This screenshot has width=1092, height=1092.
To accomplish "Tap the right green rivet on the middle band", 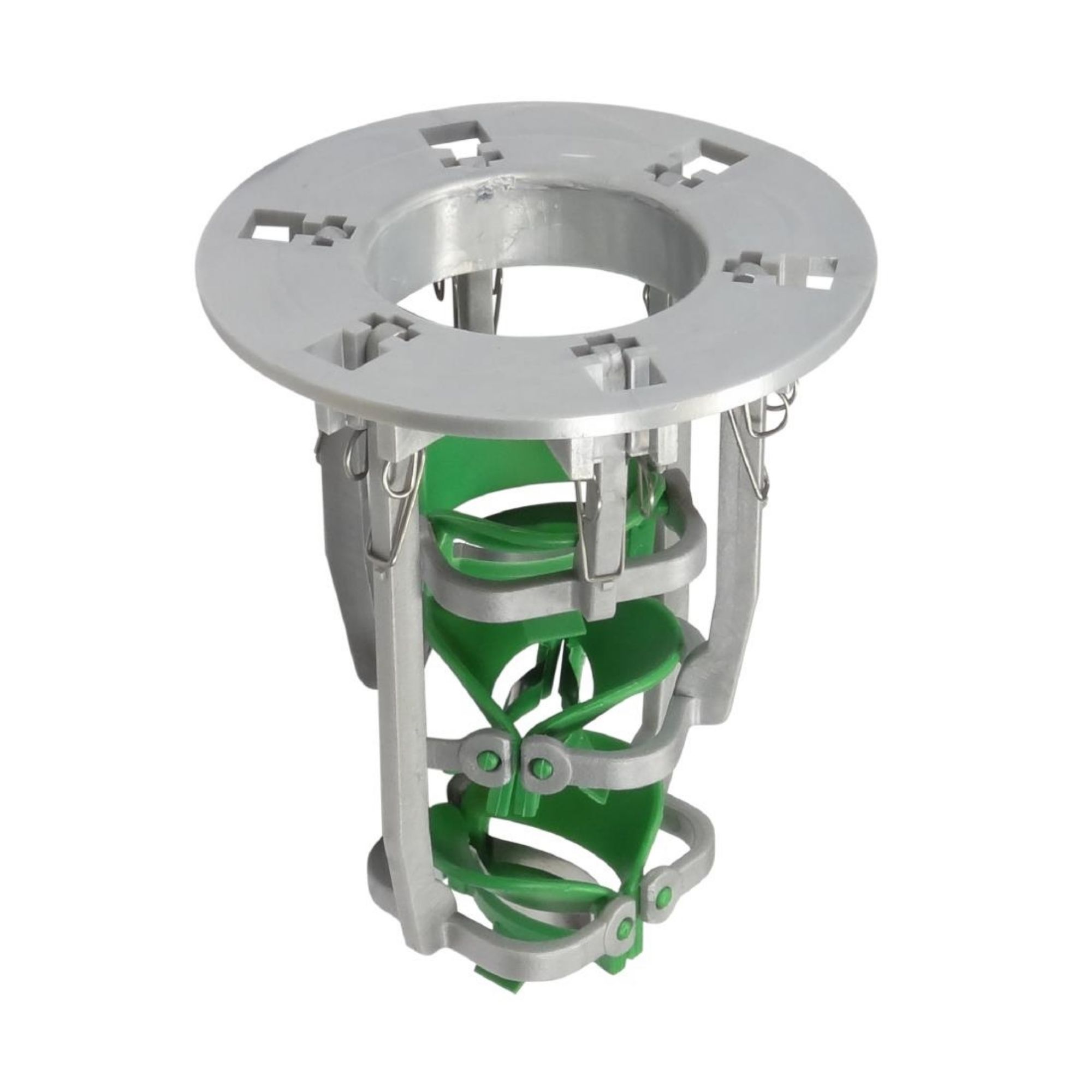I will click(x=539, y=767).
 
